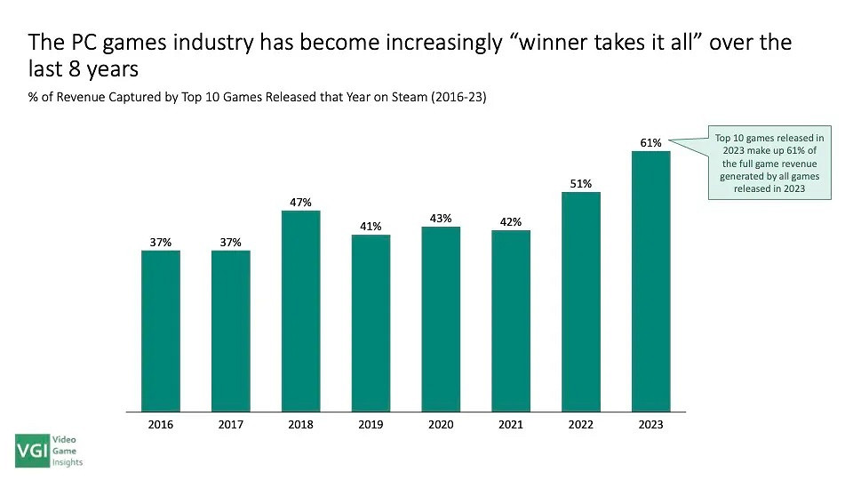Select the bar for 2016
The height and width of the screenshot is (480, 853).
click(161, 331)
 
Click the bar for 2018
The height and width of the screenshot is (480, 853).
click(300, 311)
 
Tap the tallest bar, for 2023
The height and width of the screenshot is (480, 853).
click(650, 281)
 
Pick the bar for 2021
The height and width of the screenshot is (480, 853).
click(511, 321)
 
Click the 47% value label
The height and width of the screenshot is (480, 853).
click(300, 203)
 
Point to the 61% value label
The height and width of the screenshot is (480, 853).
click(650, 143)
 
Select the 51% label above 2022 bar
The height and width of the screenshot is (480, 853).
click(581, 184)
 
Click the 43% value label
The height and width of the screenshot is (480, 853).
click(441, 218)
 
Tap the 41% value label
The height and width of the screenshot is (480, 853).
click(371, 227)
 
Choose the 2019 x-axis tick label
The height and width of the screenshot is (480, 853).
click(371, 425)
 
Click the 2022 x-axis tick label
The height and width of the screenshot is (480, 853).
click(581, 425)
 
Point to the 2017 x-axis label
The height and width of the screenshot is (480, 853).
click(231, 425)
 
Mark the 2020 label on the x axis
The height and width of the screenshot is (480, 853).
click(441, 425)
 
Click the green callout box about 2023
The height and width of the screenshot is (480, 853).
click(769, 162)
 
